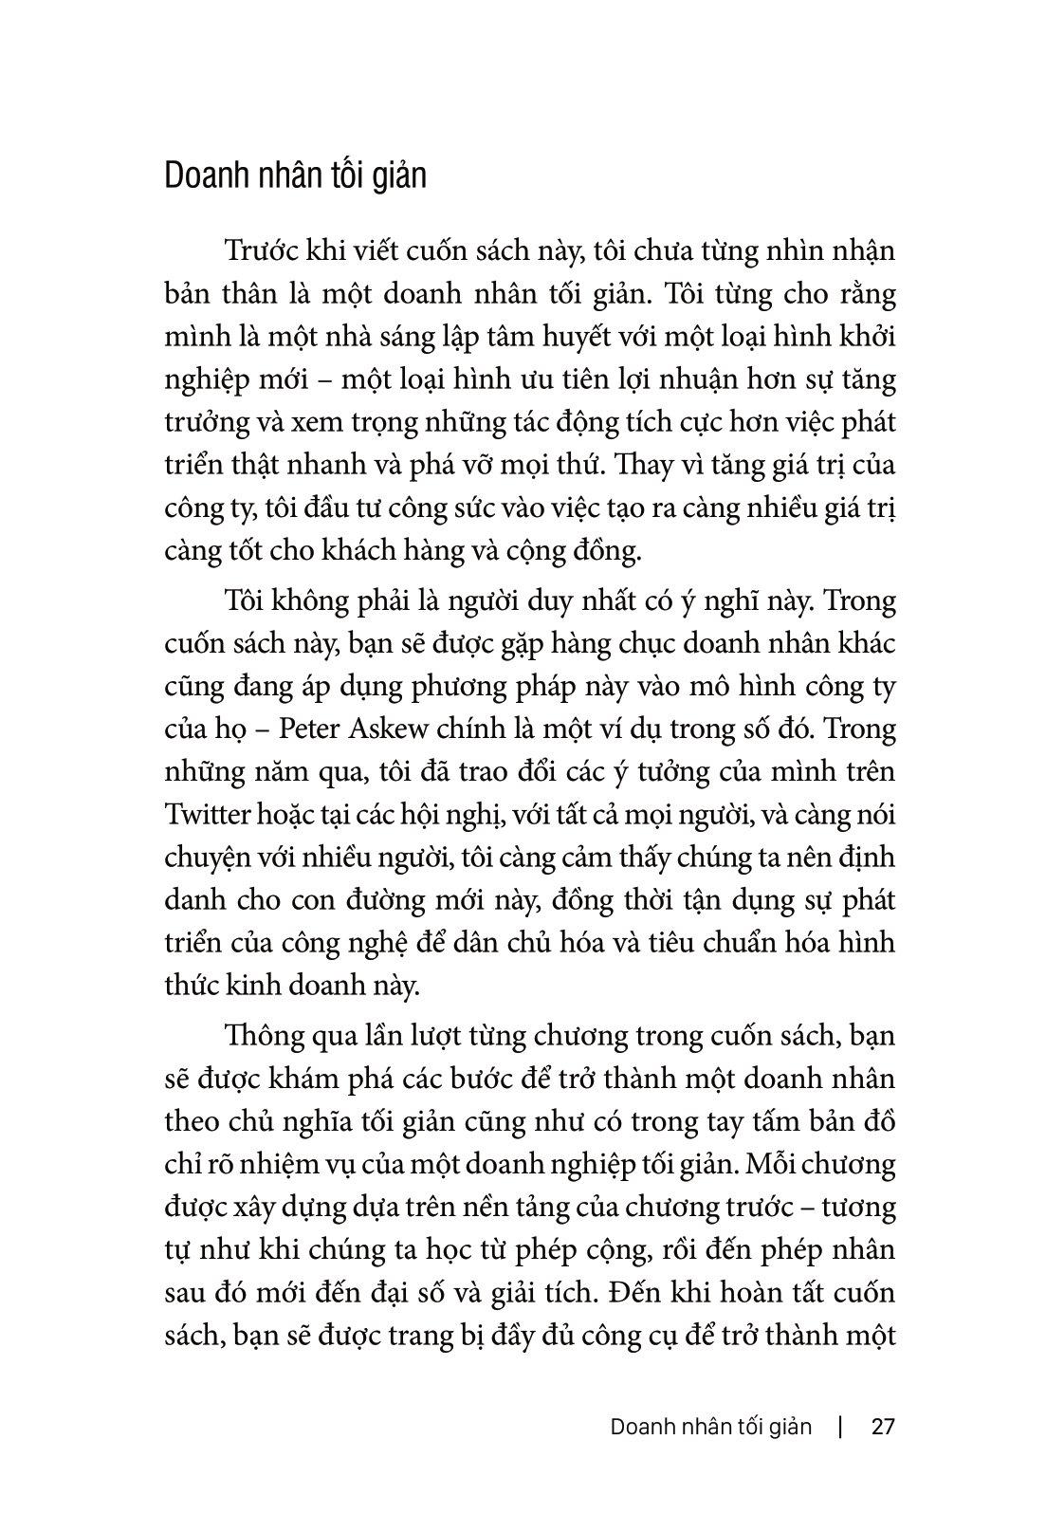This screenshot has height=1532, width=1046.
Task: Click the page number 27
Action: pos(883,1428)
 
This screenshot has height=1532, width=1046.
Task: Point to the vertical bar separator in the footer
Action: pos(841,1428)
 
